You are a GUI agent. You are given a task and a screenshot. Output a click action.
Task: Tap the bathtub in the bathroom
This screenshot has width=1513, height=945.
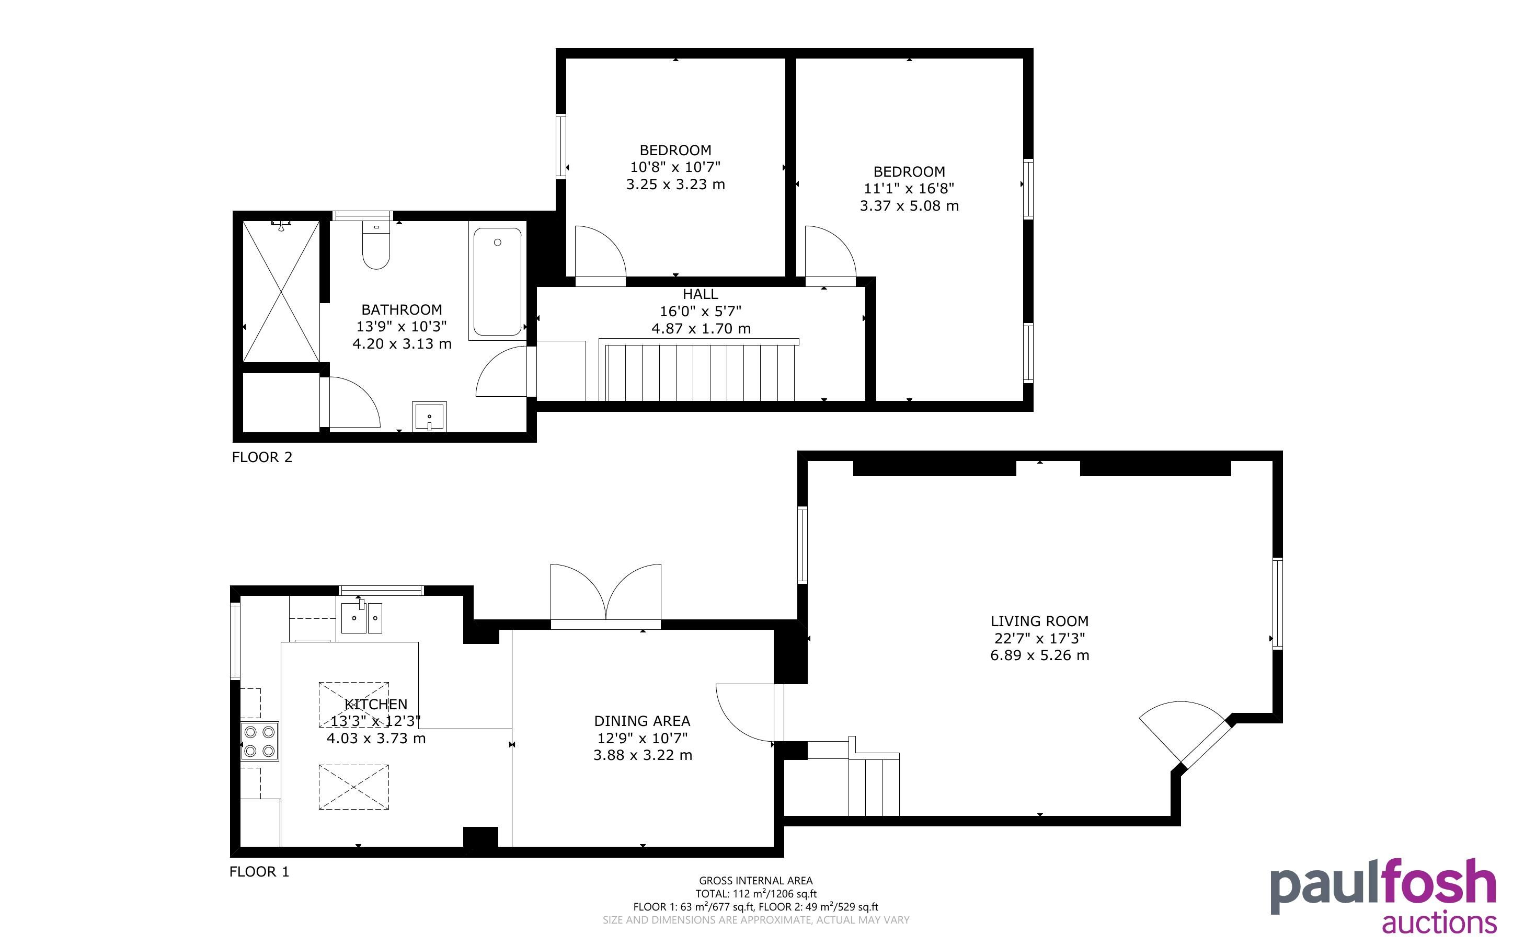(498, 282)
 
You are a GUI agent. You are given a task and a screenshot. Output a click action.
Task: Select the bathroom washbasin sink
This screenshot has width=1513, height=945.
(429, 416)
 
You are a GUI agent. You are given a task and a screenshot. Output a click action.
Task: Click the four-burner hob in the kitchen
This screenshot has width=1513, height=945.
(260, 741)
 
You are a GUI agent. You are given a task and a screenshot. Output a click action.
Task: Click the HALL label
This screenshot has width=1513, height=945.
(700, 294)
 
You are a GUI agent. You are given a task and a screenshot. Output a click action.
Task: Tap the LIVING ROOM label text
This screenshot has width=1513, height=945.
(1039, 621)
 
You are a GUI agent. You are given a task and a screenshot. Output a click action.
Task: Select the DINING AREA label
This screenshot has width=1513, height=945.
(643, 721)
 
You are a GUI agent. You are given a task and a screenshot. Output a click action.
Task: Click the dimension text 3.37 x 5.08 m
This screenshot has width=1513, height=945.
(909, 205)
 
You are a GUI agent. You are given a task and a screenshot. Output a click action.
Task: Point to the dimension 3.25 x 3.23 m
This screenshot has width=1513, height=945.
(675, 185)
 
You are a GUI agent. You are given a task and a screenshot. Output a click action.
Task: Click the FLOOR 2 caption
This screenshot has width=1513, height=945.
(262, 457)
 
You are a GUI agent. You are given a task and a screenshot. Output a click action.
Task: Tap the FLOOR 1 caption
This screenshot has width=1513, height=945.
(259, 872)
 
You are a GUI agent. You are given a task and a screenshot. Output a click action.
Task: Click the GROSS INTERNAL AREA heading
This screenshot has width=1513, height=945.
(755, 881)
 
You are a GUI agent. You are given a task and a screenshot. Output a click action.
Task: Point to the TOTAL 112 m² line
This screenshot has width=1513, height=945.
(755, 894)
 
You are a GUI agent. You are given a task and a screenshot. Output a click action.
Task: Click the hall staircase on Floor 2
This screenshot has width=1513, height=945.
(698, 370)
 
